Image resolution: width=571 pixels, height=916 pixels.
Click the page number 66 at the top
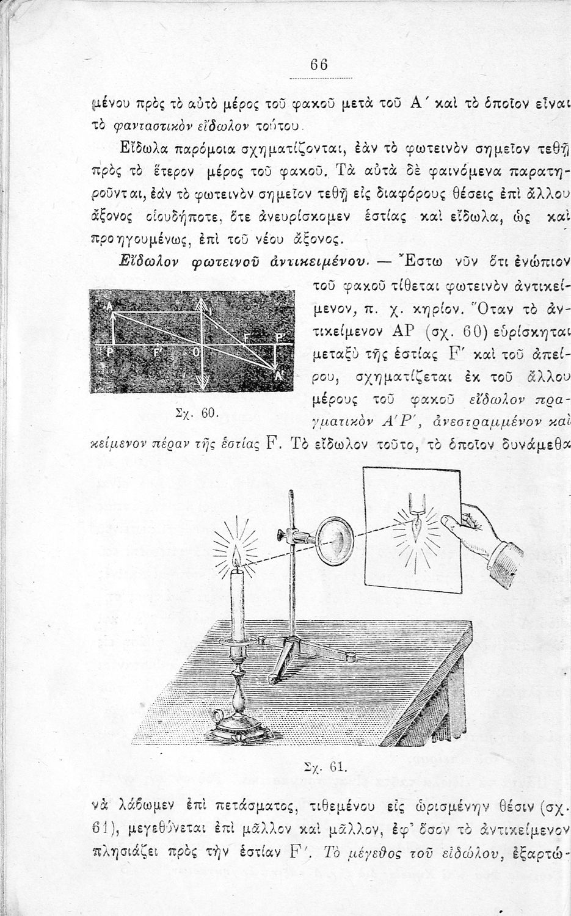point(319,65)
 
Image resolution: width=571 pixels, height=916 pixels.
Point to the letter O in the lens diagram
point(196,352)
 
